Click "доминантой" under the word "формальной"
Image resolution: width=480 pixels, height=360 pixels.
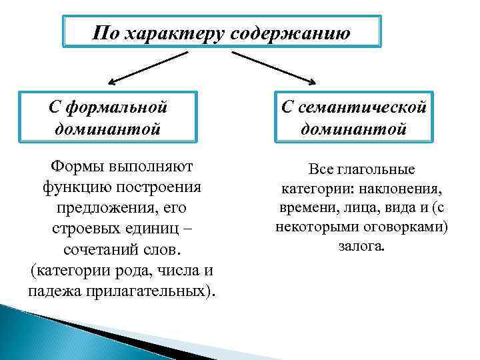click(108, 128)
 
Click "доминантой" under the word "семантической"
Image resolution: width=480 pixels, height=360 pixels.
click(353, 128)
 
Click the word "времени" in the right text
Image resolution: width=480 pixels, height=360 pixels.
click(300, 208)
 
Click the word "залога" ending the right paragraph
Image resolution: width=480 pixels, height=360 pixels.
click(361, 246)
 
